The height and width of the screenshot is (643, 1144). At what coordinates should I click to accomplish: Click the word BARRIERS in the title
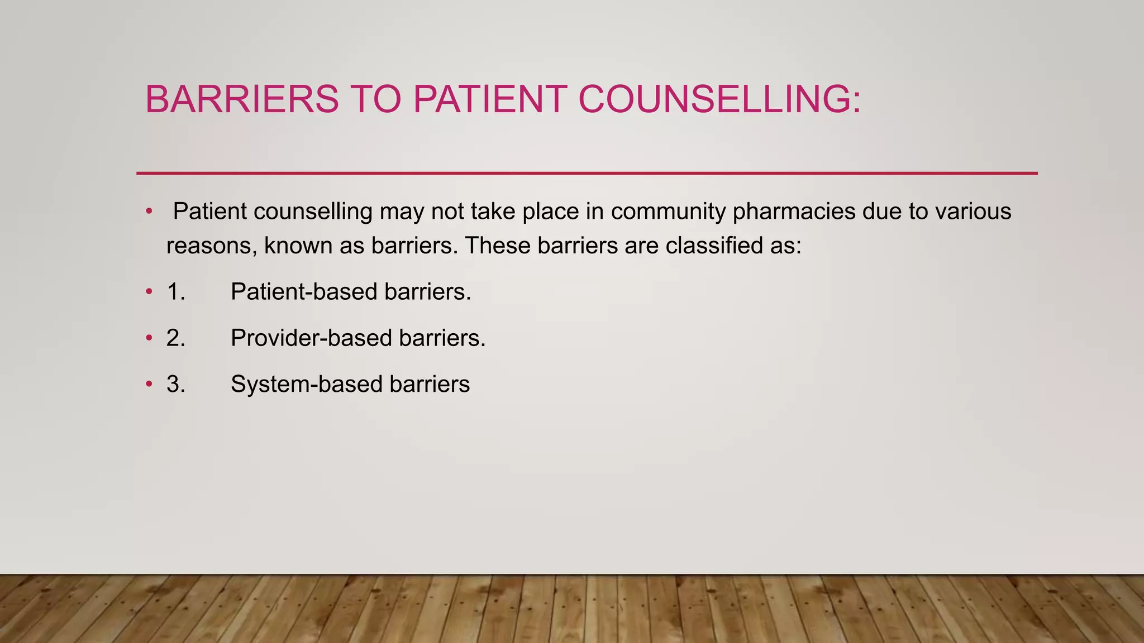pos(242,99)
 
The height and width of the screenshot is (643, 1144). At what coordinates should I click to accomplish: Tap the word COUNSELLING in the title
pos(719,99)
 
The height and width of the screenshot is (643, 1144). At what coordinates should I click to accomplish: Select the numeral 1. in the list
pos(176,292)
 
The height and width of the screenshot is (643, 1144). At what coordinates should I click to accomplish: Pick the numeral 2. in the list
pos(176,338)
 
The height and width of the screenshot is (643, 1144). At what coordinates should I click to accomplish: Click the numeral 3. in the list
pos(176,385)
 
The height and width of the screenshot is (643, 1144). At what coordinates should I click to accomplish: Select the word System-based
pos(306,385)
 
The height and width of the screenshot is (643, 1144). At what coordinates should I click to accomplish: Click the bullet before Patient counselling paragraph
pos(149,212)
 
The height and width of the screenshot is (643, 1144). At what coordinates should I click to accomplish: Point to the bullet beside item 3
pos(149,385)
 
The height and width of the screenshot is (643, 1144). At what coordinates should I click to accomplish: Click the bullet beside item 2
pos(149,338)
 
